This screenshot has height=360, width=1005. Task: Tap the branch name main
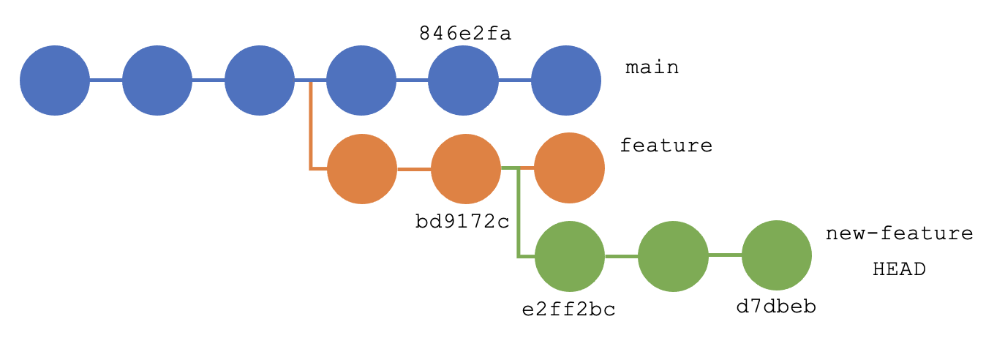coord(652,68)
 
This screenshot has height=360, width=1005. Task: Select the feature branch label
coord(666,146)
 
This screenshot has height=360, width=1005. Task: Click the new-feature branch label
coord(899,234)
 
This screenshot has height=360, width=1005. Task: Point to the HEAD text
coord(899,269)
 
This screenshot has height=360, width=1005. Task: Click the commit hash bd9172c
coord(462,220)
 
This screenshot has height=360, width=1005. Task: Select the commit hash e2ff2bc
coord(568,309)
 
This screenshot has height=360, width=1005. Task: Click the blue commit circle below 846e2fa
coord(463,80)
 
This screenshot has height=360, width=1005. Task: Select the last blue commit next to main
coord(565,80)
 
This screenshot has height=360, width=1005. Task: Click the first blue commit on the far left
coord(55,80)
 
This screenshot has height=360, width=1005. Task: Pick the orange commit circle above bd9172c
coord(466,169)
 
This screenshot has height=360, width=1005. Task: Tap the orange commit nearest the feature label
coord(569,168)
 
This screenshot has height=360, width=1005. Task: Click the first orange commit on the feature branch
coord(361,169)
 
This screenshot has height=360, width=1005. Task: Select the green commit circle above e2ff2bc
coord(570,256)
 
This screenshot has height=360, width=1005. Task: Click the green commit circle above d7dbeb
coord(777,255)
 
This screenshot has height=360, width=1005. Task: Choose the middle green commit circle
coord(673,256)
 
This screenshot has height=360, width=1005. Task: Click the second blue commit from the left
coord(157,80)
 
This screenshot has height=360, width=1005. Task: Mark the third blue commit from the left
coord(259,80)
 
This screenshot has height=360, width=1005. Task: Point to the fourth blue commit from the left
coord(361,80)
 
